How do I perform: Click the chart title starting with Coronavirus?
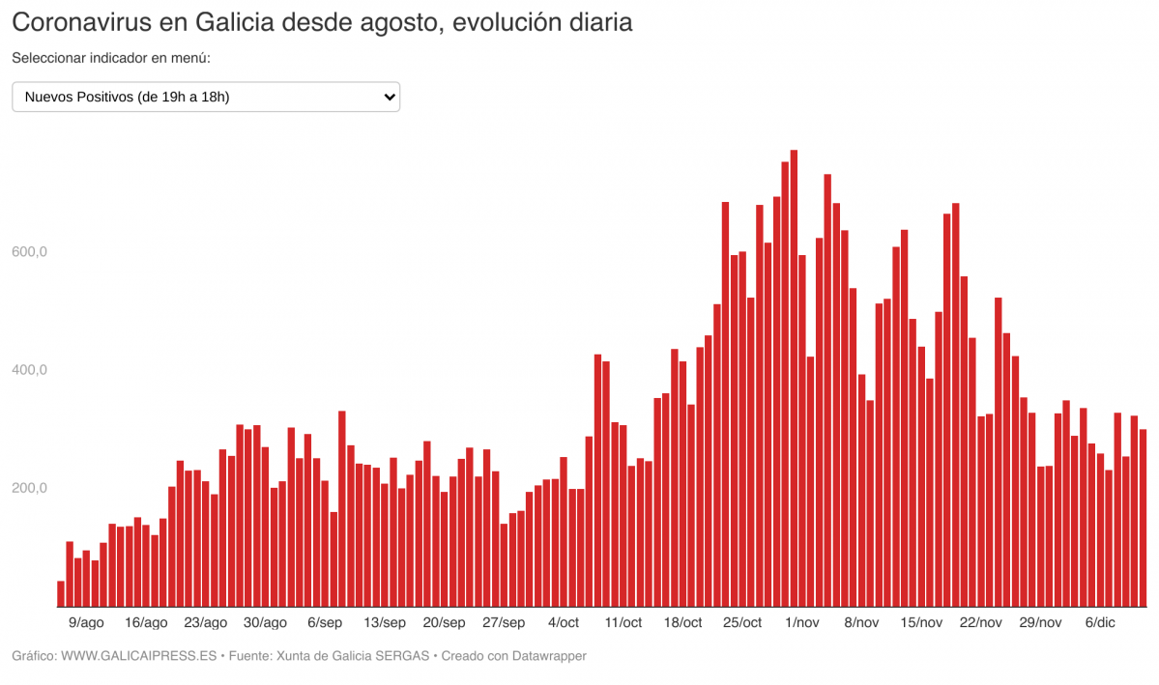[322, 22]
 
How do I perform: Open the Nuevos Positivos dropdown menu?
[205, 97]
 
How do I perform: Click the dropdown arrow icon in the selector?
[389, 97]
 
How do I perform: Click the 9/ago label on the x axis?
[86, 622]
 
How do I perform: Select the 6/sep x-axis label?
[325, 622]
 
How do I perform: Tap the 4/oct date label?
[563, 622]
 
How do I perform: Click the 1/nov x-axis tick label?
[802, 622]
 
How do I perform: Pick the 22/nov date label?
[981, 622]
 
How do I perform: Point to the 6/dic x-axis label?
[1100, 622]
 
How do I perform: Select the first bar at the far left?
[61, 594]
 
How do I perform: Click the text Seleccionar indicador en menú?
[111, 58]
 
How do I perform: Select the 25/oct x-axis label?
[742, 622]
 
